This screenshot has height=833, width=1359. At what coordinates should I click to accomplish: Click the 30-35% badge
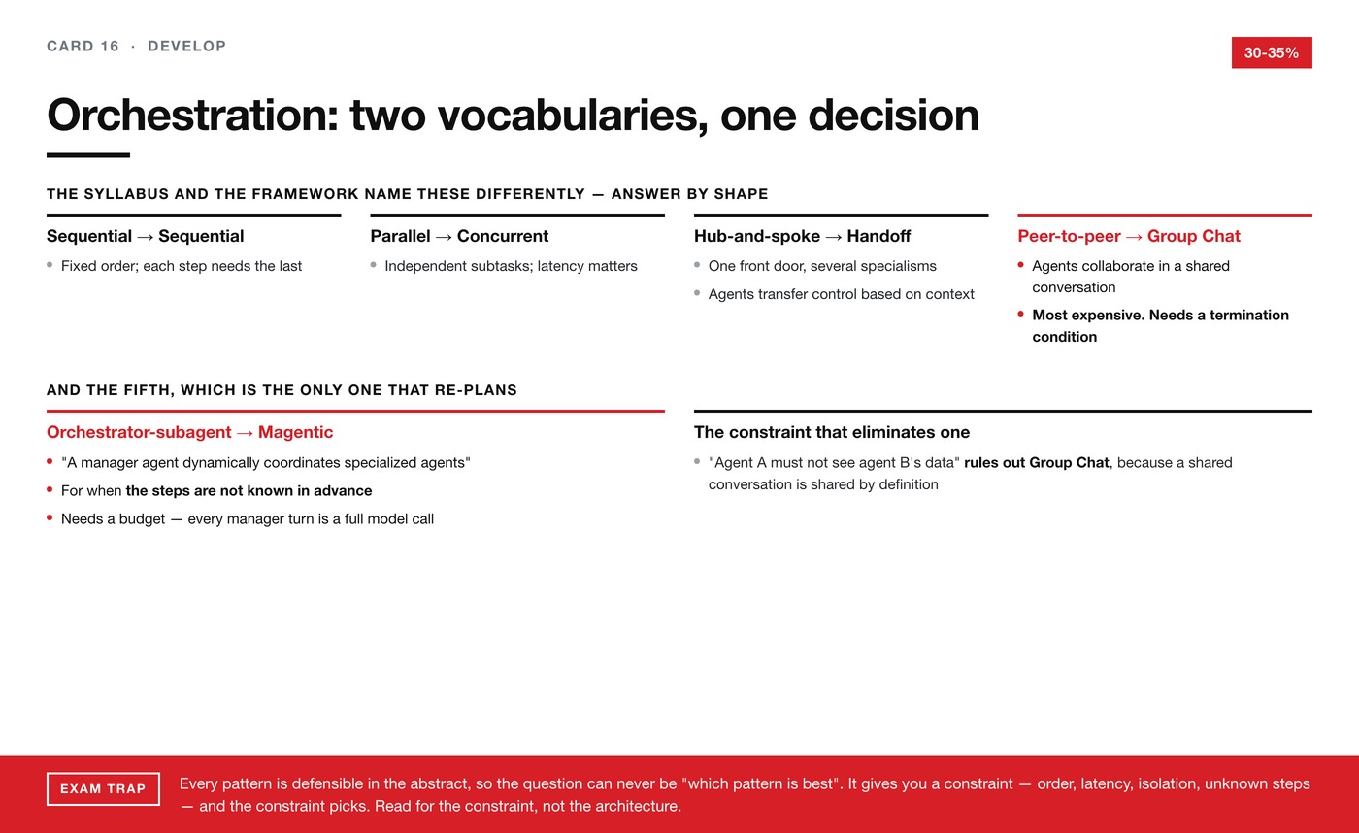coord(1272,52)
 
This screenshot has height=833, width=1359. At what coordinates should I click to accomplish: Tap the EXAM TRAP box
coord(103,788)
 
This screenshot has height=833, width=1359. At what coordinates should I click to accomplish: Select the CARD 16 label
coord(83,46)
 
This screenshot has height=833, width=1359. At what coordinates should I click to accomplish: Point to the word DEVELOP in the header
coord(186,46)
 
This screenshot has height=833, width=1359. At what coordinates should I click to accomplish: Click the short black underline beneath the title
coord(88,155)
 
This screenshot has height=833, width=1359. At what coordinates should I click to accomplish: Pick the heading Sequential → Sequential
coord(145,236)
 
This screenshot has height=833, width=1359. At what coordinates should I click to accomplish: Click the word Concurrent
coord(503,236)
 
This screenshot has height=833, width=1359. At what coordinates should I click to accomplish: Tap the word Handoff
coord(878,236)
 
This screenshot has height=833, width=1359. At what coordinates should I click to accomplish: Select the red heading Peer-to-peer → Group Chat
coord(1129,236)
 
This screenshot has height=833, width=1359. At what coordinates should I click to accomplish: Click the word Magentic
coord(295,432)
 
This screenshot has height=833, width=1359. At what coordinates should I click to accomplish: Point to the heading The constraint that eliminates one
coord(832,432)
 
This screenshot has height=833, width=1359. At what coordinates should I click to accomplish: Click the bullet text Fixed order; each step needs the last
coord(182,266)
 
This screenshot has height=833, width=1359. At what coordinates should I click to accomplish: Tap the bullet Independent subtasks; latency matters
coord(511,266)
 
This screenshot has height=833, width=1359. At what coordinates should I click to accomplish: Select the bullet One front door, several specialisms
coord(823,266)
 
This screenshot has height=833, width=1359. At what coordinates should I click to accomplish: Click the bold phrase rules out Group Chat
coord(1037,462)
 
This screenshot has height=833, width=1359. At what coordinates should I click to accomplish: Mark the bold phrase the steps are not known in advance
coord(249,491)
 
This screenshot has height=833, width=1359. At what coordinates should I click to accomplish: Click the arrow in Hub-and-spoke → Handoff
coord(834,237)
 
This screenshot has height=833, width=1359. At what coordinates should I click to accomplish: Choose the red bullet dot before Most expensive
coord(1021,314)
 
